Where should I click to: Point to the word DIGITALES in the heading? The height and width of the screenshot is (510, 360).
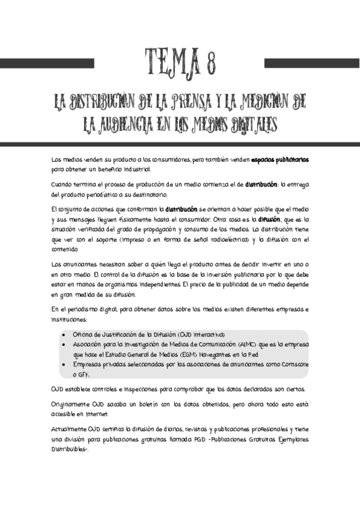248,124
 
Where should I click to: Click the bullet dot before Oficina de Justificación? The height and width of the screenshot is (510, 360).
64,335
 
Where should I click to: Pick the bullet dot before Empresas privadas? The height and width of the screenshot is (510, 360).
64,364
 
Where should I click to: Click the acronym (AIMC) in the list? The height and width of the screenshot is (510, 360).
243,345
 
